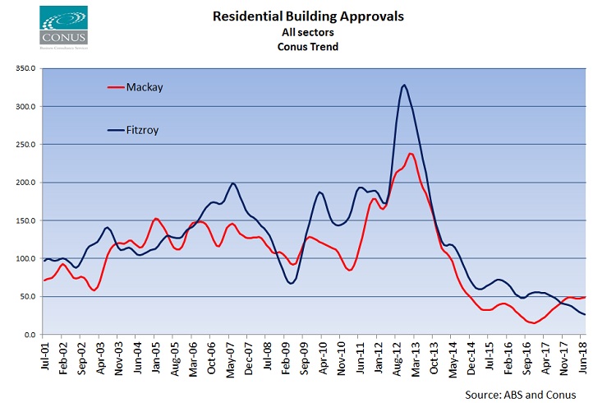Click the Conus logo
click(62, 27)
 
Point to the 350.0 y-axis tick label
click(23, 68)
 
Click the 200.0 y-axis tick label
click(23, 183)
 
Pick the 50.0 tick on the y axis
click(25, 297)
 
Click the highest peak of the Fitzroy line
click(404, 85)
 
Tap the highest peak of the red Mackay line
click(410, 153)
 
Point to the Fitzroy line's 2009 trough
click(292, 283)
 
